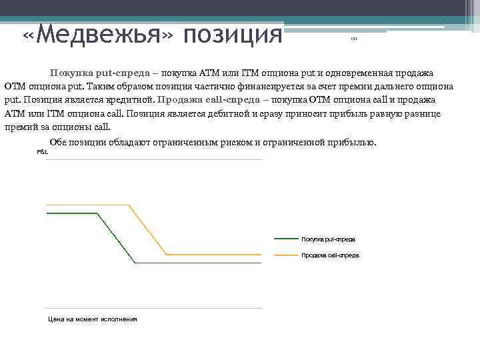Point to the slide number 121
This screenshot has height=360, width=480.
(x=354, y=40)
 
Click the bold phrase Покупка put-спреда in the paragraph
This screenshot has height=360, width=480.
(x=99, y=73)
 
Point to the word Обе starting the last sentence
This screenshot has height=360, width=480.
(x=58, y=143)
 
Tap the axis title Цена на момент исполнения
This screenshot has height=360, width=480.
(x=92, y=319)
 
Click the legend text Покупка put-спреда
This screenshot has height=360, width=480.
(x=328, y=239)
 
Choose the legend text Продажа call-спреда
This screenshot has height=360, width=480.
(x=330, y=255)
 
